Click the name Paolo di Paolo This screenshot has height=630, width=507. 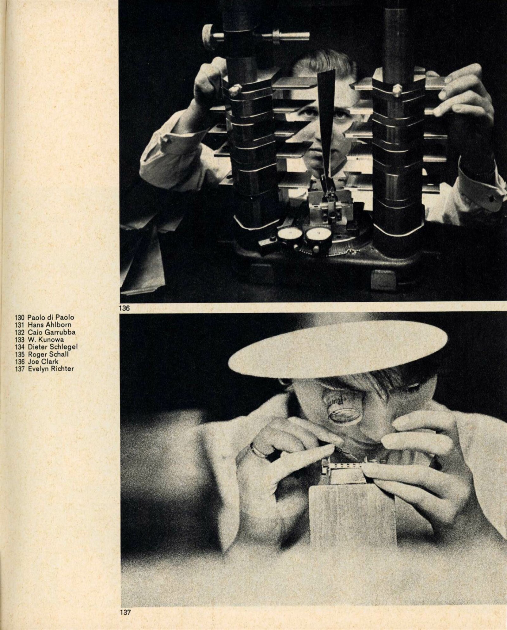coord(50,317)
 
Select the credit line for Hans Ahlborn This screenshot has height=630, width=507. coord(49,324)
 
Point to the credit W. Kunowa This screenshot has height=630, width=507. coord(45,339)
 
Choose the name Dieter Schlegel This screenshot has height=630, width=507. coord(52,347)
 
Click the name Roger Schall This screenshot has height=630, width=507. coord(48,354)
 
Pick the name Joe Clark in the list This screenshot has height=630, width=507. coord(43,361)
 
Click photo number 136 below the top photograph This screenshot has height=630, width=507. coord(125,308)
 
